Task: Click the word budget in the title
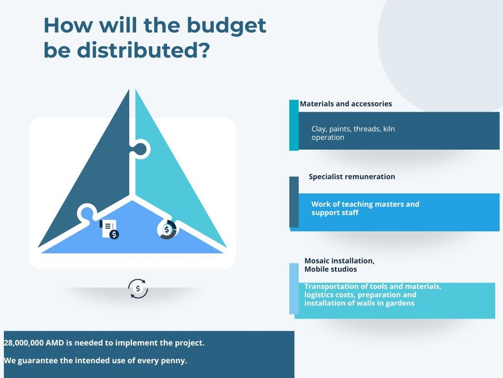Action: tap(226, 25)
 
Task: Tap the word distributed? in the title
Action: tap(144, 50)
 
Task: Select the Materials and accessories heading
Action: tap(346, 104)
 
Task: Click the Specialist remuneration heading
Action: tap(352, 176)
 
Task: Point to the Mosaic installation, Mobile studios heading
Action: tap(340, 265)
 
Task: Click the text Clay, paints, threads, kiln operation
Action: tap(353, 133)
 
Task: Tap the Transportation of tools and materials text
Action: tap(373, 287)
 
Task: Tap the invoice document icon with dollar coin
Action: tap(109, 229)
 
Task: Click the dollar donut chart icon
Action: tap(167, 229)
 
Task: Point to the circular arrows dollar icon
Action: tap(138, 289)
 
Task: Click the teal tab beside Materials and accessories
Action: tap(294, 125)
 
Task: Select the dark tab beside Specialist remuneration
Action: tap(294, 202)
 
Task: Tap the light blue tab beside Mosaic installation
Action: tap(294, 289)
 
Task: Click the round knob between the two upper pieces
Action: tap(141, 149)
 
